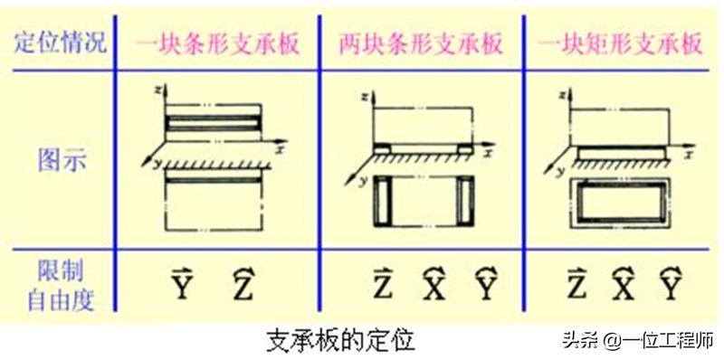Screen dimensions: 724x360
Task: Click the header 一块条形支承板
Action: point(217,44)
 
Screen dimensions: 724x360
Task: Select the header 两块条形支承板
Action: point(421,44)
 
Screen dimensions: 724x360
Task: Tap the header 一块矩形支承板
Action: point(621,44)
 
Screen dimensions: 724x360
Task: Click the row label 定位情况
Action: point(61,43)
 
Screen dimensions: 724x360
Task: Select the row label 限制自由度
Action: point(61,286)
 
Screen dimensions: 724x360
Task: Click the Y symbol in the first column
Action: point(182,285)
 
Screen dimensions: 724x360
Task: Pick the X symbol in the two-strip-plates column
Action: point(435,285)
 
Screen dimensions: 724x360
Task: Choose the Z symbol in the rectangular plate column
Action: point(577,285)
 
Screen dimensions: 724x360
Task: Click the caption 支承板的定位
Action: point(341,341)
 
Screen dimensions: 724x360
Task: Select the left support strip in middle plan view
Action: point(383,201)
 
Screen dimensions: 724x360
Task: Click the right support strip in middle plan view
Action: point(465,201)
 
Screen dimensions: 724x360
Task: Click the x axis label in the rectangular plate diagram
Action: point(689,156)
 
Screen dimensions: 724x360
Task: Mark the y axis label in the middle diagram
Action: point(359,182)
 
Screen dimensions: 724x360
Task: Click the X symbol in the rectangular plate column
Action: point(624,285)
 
